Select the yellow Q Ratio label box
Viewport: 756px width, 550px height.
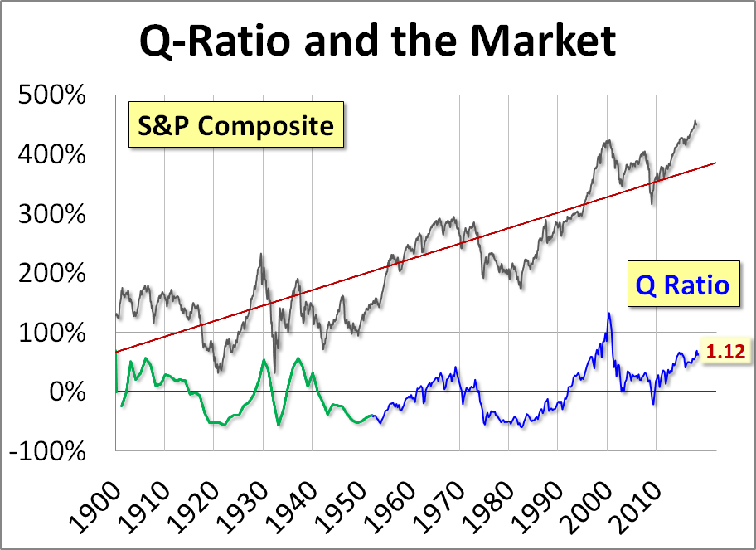(x=681, y=285)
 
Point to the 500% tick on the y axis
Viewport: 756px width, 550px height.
(x=51, y=95)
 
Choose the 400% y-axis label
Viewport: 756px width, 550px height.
(x=51, y=155)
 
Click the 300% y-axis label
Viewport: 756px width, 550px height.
(x=51, y=215)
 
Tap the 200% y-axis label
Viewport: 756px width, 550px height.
(x=51, y=274)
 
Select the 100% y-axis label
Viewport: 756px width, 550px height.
(x=51, y=333)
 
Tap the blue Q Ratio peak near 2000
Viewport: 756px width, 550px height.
(x=609, y=314)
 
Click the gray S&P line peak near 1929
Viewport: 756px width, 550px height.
(x=261, y=255)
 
